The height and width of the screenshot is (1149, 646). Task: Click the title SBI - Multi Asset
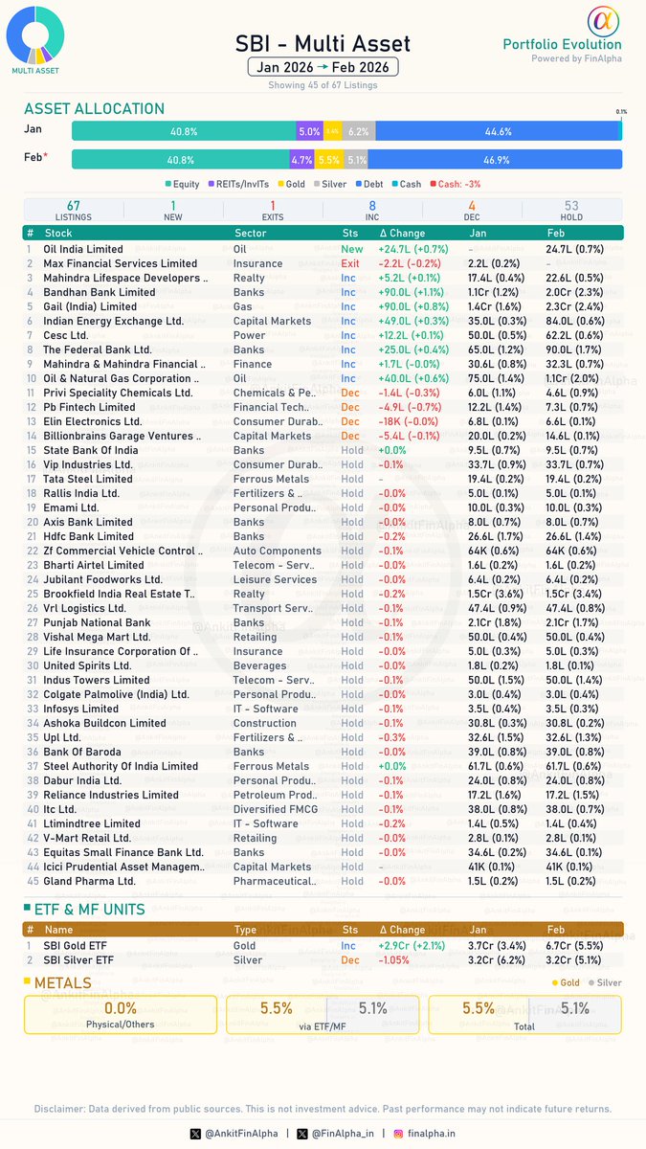tap(323, 43)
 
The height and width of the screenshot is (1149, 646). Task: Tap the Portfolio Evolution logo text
tap(562, 44)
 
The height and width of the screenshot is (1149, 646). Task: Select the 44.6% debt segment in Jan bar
tap(498, 131)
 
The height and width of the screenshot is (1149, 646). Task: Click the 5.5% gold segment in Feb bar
tap(329, 160)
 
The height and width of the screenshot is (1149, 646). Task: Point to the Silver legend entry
tap(331, 184)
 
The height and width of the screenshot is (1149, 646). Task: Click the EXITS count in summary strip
tap(273, 211)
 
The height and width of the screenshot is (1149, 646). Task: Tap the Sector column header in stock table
tap(251, 233)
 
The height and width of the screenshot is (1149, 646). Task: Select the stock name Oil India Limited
tap(83, 249)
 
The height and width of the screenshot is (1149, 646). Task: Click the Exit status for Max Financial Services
tap(350, 263)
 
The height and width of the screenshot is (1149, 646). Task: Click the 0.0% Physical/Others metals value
tap(121, 1008)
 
